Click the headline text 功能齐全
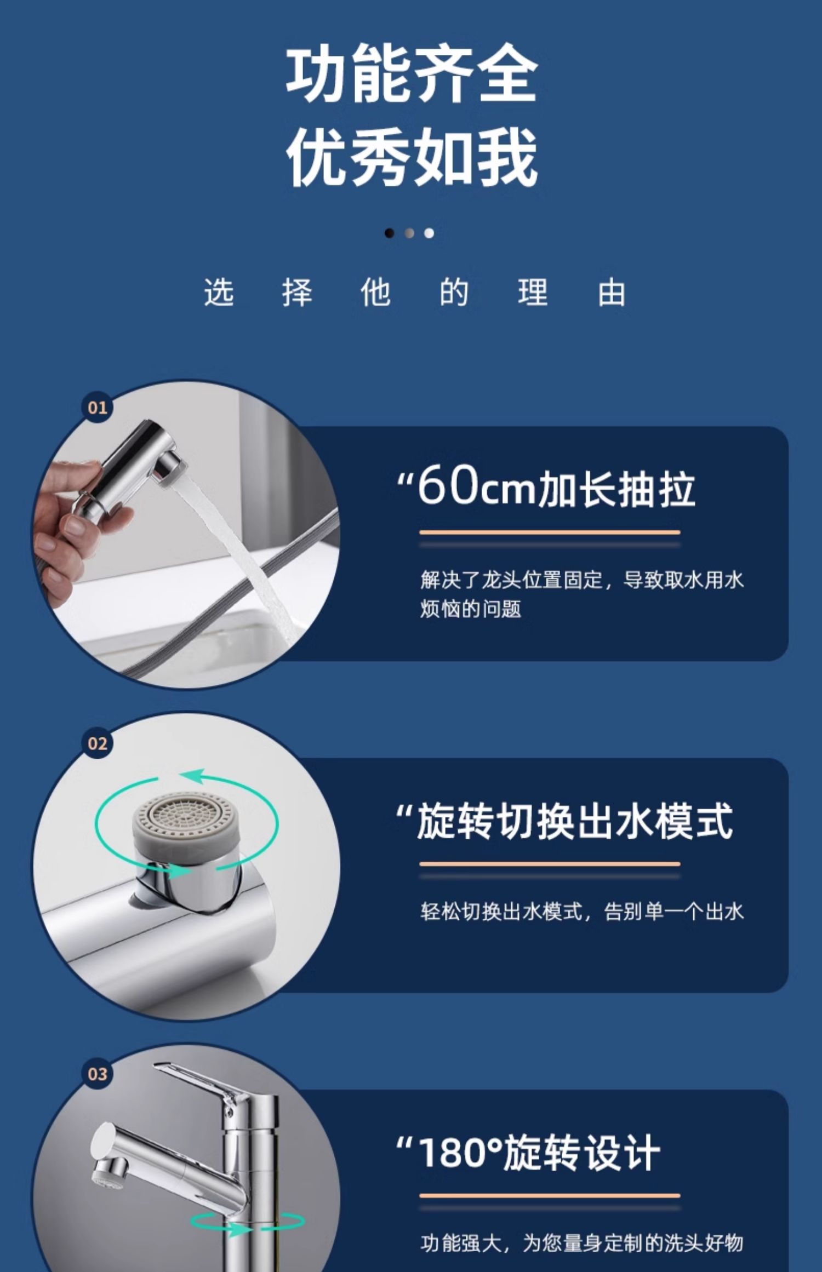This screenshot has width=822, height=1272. click(x=412, y=73)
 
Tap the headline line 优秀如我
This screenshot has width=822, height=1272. click(x=412, y=157)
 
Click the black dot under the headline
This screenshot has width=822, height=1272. click(x=389, y=233)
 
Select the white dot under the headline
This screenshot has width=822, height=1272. click(x=429, y=233)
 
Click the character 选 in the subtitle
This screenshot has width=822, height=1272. click(x=219, y=292)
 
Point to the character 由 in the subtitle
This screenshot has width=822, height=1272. click(x=612, y=292)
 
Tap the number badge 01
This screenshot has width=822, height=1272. click(x=98, y=408)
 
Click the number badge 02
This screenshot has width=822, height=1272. click(x=98, y=743)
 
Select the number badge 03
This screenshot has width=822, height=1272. click(x=98, y=1074)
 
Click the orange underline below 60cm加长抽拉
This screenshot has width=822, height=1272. click(x=550, y=532)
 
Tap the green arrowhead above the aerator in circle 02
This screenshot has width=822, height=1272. click(x=192, y=777)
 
